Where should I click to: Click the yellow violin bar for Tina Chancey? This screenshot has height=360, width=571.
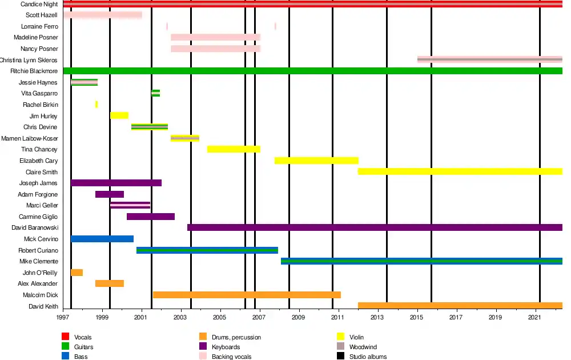(234, 149)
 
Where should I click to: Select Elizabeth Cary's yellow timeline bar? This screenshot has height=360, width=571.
(316, 161)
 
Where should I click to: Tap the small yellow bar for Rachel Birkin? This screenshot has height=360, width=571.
(96, 105)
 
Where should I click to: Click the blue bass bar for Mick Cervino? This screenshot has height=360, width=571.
(102, 239)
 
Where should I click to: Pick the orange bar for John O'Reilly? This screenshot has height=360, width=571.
(77, 273)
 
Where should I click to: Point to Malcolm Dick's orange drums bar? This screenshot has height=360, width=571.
(246, 295)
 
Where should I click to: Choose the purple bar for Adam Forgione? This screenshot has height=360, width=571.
(109, 194)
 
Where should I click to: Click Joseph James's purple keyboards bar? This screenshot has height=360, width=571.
(116, 183)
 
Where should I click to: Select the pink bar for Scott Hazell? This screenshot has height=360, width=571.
(103, 15)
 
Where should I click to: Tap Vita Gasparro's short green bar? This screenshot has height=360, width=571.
(155, 93)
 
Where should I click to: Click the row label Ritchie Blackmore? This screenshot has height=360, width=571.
(34, 71)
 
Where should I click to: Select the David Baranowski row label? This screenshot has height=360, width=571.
(34, 227)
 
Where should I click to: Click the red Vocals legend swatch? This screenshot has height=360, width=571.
(66, 337)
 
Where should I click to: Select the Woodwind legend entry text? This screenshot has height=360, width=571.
(363, 347)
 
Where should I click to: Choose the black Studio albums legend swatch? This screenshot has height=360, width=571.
(340, 357)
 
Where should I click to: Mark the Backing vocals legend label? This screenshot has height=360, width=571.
(231, 357)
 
